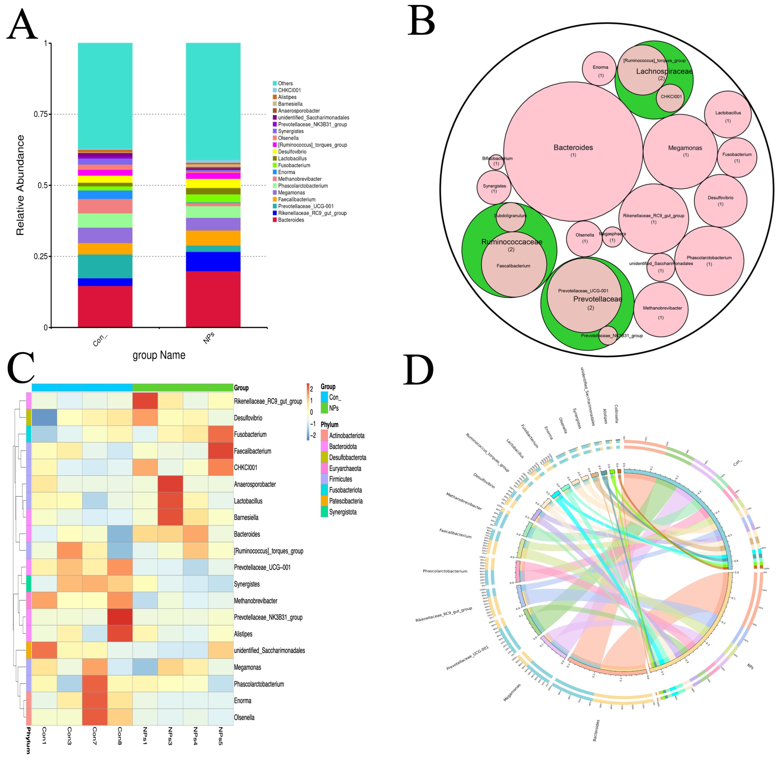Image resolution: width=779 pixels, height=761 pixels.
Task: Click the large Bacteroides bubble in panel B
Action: tap(573, 148)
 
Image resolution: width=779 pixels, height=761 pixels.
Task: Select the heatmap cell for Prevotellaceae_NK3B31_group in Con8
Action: tap(119, 617)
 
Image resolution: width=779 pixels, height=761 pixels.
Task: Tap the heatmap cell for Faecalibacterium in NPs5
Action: tap(220, 451)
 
